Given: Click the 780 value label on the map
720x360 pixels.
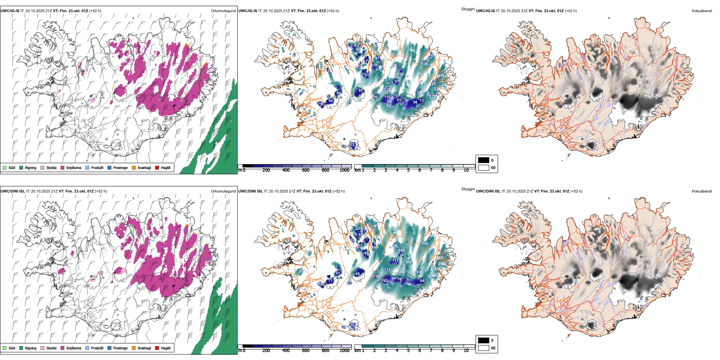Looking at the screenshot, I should tap(412, 50).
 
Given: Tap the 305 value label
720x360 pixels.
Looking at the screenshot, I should tap(409, 262).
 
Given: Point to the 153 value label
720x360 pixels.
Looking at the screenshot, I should tap(401, 74).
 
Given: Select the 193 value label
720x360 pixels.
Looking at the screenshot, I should tap(425, 244).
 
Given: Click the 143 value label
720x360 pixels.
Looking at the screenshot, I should tap(385, 281).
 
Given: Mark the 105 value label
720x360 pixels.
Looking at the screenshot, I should tap(424, 64).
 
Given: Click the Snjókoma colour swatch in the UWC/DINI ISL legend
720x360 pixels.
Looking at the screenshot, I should tap(63, 348).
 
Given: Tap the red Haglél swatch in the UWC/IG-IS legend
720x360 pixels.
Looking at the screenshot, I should tap(157, 167).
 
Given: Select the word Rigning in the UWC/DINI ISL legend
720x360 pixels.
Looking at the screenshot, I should tap(31, 348).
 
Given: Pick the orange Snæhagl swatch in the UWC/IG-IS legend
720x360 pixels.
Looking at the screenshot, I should tap(134, 167).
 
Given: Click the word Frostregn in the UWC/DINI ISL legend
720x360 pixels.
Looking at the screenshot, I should tap(121, 348).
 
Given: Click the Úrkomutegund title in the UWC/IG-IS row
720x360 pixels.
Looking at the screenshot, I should tap(223, 11).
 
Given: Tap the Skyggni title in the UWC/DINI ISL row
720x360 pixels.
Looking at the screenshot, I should tap(468, 189).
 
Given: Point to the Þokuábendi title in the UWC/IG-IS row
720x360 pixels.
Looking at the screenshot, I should tap(702, 11).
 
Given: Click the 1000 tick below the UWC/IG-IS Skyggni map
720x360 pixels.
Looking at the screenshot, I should tap(344, 170).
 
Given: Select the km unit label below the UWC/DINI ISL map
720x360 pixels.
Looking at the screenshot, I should tap(357, 351).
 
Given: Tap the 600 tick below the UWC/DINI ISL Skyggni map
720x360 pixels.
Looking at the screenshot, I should tap(306, 351).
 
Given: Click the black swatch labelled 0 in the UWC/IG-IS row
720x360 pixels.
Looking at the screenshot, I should tap(484, 160).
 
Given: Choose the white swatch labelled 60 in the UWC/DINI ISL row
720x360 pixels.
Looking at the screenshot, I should tap(484, 348).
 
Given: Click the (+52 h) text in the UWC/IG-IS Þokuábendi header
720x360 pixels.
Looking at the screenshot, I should tap(571, 11).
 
